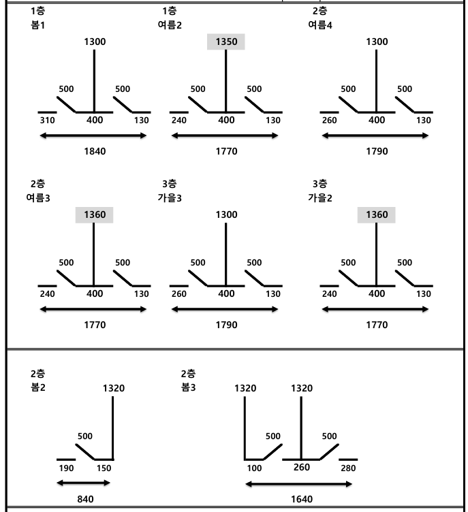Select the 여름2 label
(170, 25)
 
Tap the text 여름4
(319, 25)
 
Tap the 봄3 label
(189, 387)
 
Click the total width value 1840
(95, 151)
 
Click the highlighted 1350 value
(226, 42)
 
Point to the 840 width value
(85, 499)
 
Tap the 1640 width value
(302, 499)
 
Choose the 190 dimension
(66, 468)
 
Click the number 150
(104, 468)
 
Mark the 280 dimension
(348, 468)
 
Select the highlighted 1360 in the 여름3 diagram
(95, 215)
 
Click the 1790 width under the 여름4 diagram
(377, 151)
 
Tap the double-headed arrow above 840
(84, 483)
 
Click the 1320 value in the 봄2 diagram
(114, 388)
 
